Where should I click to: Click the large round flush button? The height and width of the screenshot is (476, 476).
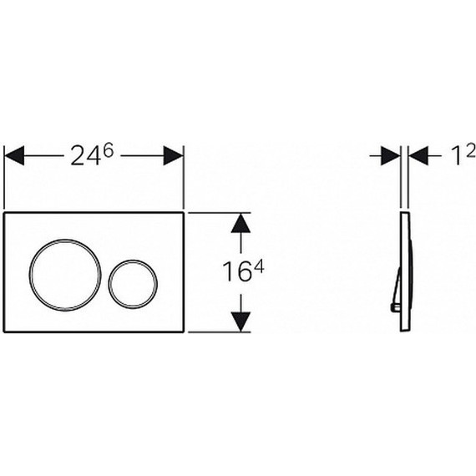(x=30, y=275)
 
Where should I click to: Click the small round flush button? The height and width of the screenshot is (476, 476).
(x=109, y=284)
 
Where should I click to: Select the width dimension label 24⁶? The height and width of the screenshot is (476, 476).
(x=92, y=154)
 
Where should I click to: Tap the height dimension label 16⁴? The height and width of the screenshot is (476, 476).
(x=243, y=271)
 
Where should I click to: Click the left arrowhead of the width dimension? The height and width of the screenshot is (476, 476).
(x=14, y=155)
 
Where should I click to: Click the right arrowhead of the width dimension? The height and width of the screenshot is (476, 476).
(x=173, y=155)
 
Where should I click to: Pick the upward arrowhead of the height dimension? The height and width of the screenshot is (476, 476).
(x=241, y=223)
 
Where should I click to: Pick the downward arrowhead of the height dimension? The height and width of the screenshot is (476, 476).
(x=241, y=322)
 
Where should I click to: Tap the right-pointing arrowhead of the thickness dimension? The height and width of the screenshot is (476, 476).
(x=391, y=155)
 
